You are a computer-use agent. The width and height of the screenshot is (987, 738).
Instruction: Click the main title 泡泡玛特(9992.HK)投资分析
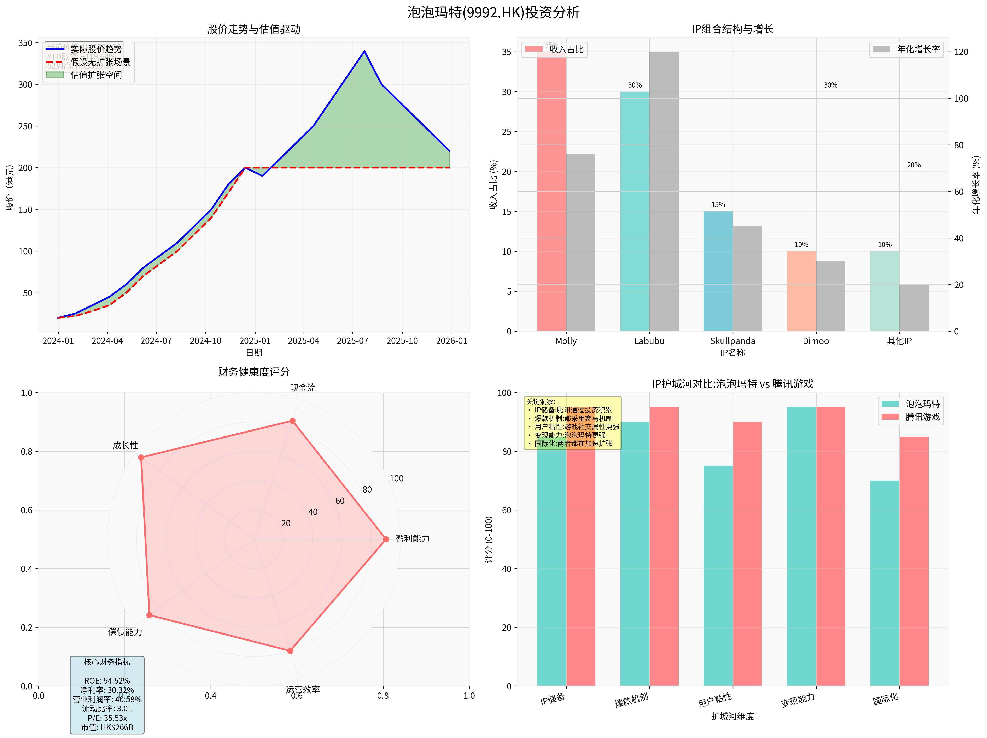[493, 12]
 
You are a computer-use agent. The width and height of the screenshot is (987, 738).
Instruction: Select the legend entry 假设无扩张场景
[100, 62]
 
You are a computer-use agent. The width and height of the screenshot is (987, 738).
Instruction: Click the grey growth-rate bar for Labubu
[664, 192]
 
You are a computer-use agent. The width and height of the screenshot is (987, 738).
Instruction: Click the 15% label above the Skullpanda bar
[718, 205]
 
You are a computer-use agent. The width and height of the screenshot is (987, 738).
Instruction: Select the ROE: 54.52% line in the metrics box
[107, 680]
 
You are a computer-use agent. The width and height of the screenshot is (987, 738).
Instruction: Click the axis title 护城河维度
[732, 716]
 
